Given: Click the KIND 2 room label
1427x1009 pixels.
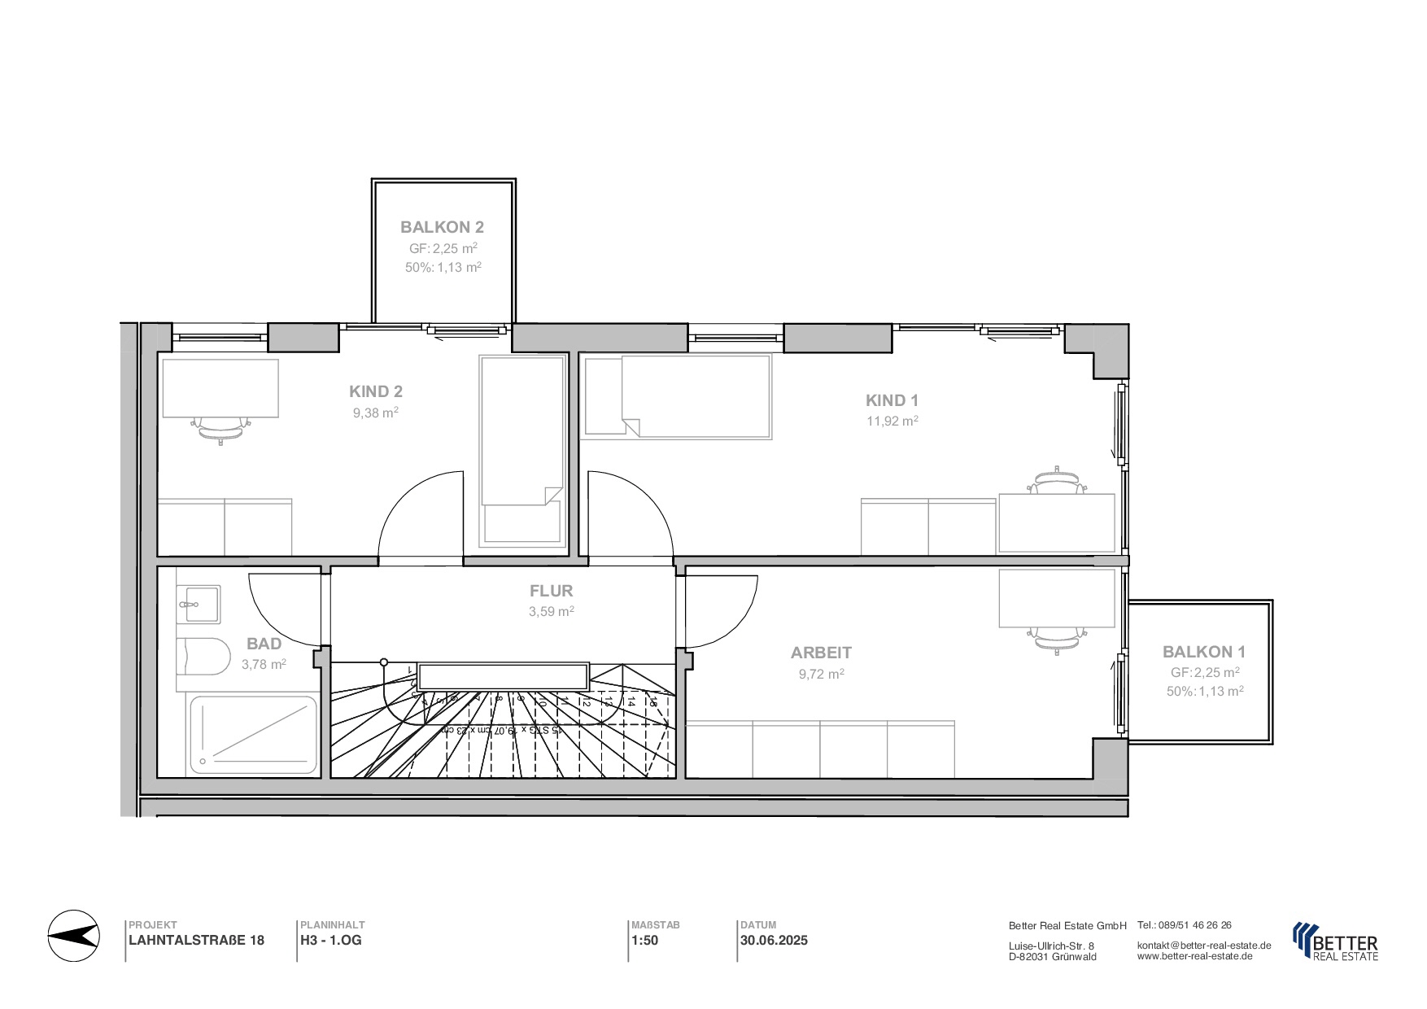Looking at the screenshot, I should coord(375,391).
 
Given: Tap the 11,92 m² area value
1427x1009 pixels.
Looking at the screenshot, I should coord(892,422).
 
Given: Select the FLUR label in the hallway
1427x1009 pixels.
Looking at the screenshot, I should coord(551,591).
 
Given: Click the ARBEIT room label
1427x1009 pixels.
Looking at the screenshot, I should coord(821,653).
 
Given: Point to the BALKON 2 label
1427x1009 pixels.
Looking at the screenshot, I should coord(442,228).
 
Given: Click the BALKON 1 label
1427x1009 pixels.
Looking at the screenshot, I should coord(1203,652).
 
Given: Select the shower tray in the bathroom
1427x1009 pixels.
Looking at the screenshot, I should coord(253,735).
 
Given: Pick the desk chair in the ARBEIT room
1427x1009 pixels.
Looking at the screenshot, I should coord(1057,639).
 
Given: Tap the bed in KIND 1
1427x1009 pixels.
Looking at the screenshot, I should coord(677,397).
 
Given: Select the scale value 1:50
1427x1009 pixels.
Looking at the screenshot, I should coord(644,941).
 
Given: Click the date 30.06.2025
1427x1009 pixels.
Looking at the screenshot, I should coord(773,941).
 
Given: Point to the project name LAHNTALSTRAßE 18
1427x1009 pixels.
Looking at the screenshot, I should coord(196,941).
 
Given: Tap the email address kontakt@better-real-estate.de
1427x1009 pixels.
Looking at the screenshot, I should coord(1203,946).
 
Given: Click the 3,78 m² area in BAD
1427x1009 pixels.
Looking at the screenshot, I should coord(263,665).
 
